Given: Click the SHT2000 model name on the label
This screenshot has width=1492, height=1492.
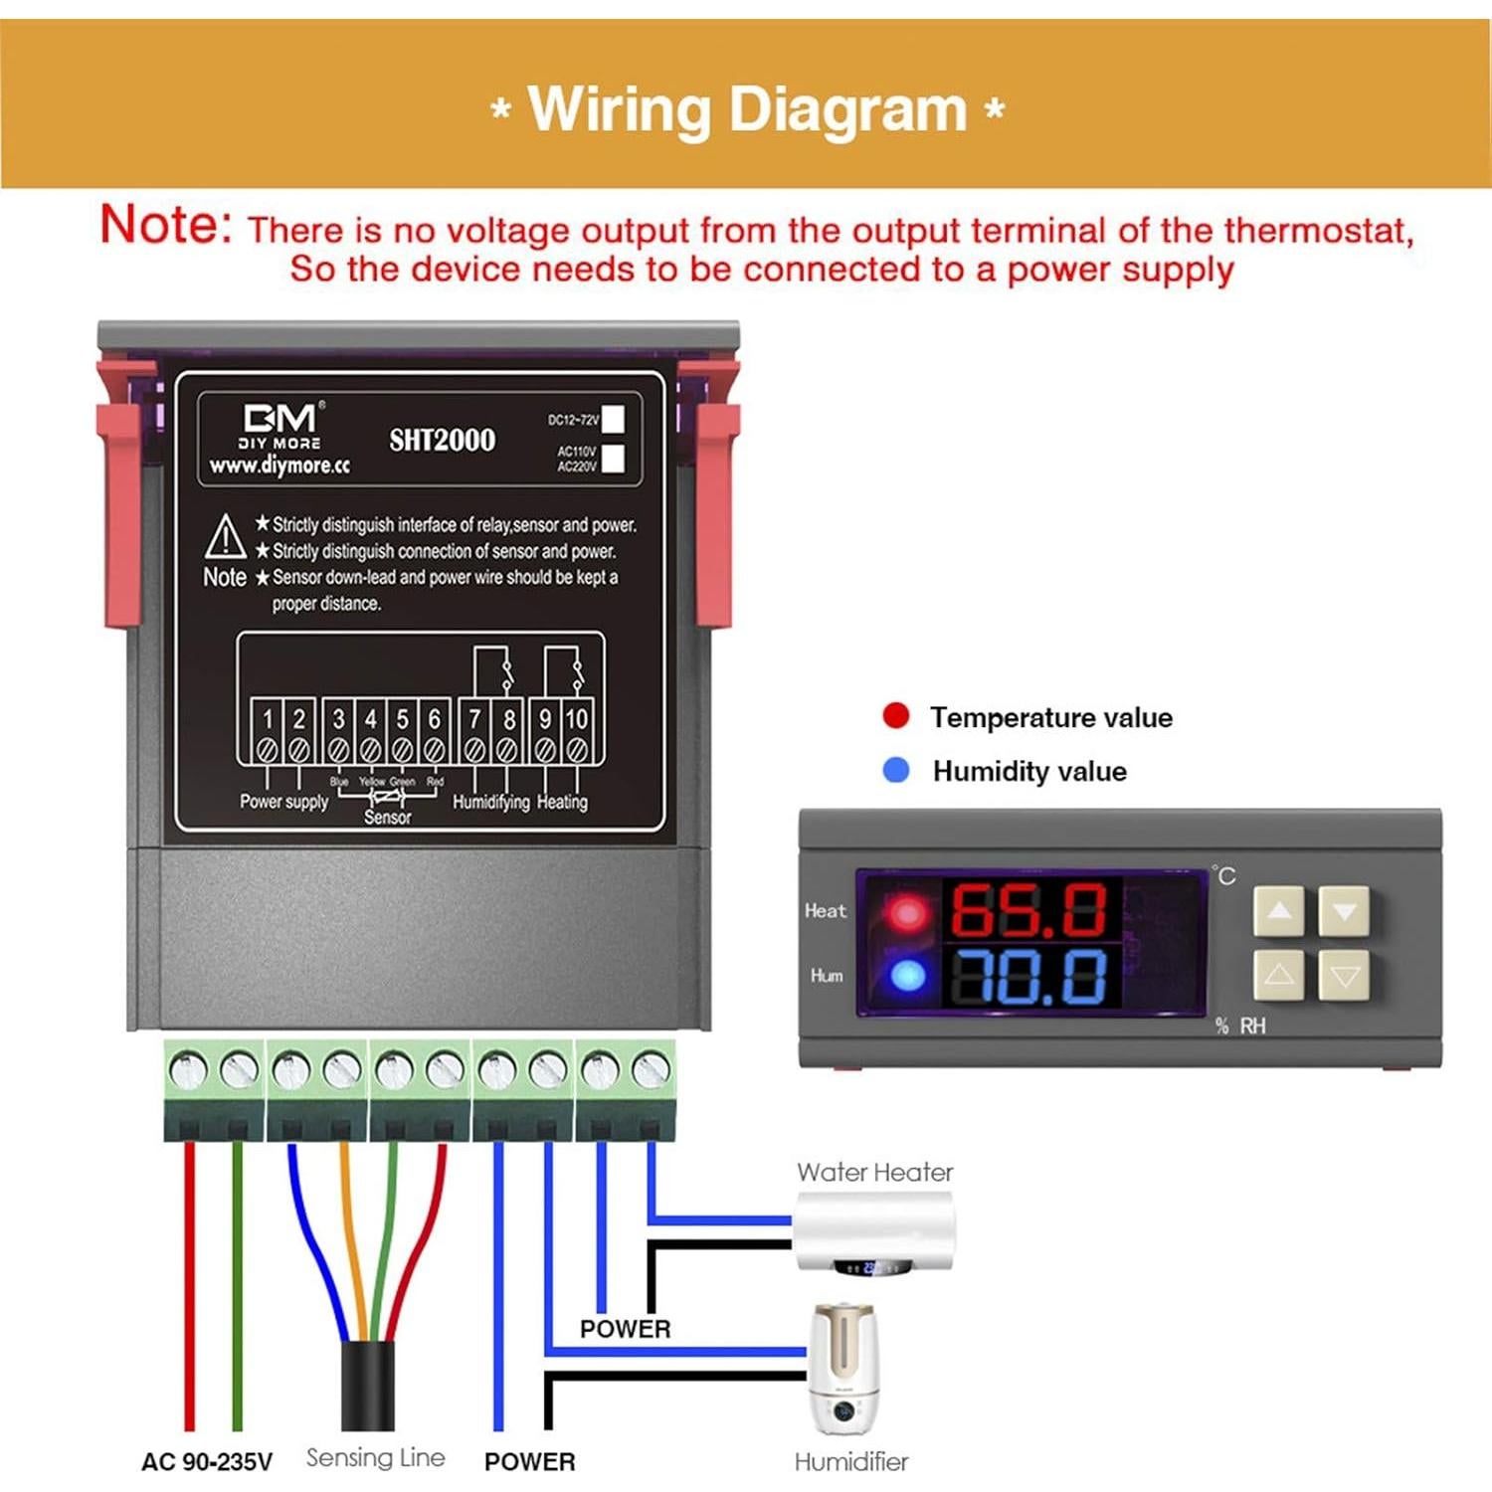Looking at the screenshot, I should (x=442, y=440).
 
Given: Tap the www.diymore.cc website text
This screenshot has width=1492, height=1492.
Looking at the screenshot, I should (x=280, y=466).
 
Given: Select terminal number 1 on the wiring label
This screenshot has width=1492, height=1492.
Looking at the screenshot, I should (x=268, y=719).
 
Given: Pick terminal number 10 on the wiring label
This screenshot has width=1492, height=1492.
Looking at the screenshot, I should (x=576, y=719).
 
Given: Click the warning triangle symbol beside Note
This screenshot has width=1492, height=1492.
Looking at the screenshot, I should (x=226, y=537).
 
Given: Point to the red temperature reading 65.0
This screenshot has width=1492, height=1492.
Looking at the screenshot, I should (x=1028, y=910).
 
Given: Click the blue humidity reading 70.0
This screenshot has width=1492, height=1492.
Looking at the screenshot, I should (x=1028, y=976).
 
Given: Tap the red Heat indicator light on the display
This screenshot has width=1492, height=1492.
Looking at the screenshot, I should (x=907, y=912).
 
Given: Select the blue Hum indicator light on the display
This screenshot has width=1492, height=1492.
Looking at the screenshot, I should (x=907, y=976).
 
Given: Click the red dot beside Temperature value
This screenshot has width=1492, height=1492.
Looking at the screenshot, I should (x=896, y=716).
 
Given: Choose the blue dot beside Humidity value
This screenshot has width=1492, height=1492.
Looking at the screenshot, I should (x=896, y=770).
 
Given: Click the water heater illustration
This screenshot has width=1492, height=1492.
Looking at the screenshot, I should (x=874, y=1233).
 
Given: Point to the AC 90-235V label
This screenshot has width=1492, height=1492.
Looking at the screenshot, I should (x=207, y=1461).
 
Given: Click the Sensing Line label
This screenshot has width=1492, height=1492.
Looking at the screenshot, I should (x=375, y=1458).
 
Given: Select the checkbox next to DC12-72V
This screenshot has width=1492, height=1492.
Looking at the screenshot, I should (x=614, y=419).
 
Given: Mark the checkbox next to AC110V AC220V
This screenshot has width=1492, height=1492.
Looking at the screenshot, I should (x=614, y=459).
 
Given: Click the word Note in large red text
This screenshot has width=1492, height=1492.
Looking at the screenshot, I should (x=166, y=224).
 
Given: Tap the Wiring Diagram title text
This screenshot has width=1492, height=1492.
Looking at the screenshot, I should (x=747, y=108).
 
